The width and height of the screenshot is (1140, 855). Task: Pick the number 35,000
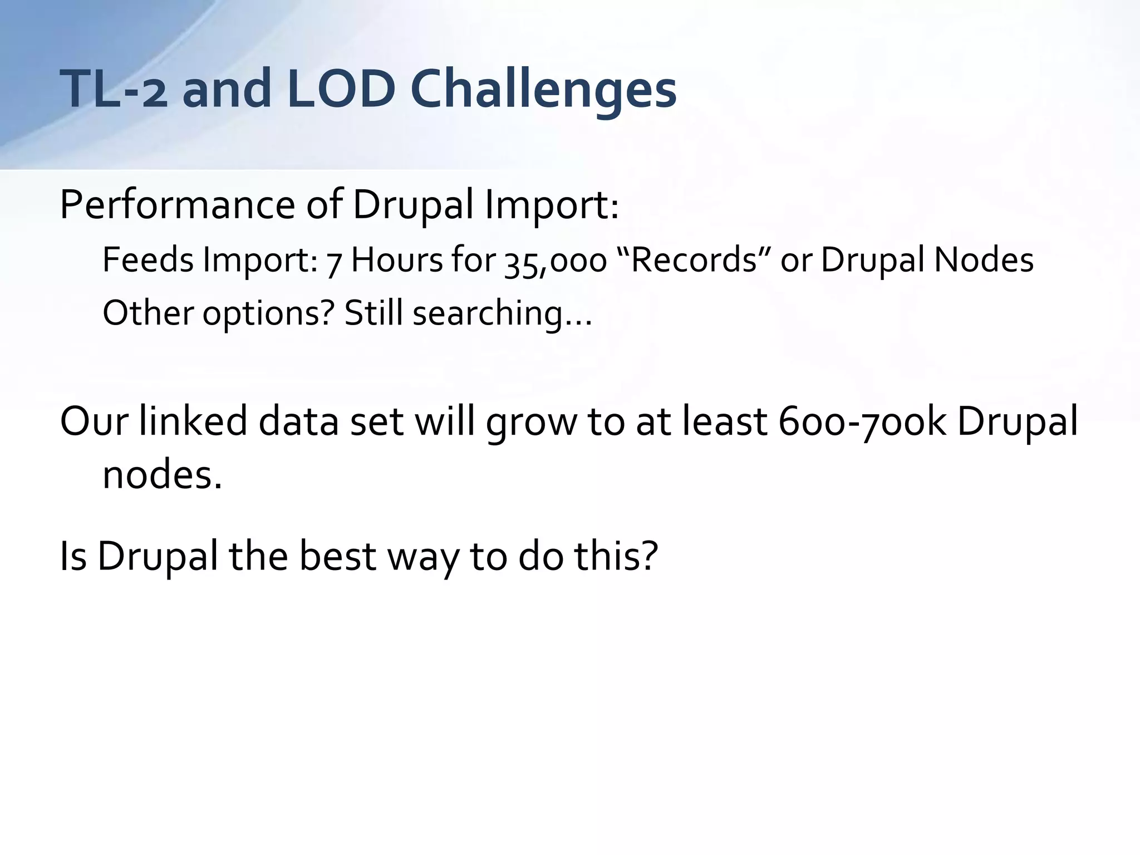point(555,261)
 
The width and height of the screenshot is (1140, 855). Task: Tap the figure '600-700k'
point(862,421)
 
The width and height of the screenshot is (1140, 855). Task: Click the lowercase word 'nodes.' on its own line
point(162,475)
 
